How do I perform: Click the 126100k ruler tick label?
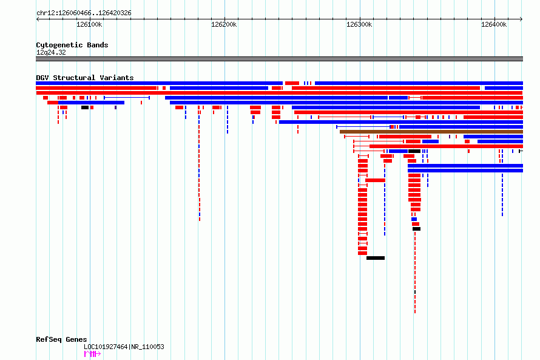click(x=89, y=24)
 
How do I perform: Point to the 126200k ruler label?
click(x=224, y=24)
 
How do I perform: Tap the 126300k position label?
click(x=359, y=24)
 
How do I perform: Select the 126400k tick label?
click(x=494, y=24)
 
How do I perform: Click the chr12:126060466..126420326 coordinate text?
click(x=84, y=13)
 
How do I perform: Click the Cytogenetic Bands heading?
click(x=72, y=45)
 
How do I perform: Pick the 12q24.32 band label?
click(x=51, y=52)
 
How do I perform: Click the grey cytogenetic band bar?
click(x=279, y=59)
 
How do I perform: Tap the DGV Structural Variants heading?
click(x=85, y=78)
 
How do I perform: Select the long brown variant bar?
click(x=431, y=132)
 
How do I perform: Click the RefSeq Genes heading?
click(x=61, y=340)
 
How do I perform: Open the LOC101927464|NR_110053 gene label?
click(x=124, y=347)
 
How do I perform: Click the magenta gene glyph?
click(x=92, y=354)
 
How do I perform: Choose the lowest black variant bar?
click(x=376, y=258)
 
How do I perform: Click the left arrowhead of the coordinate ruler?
click(x=37, y=19)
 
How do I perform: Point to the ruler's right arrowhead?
click(x=522, y=19)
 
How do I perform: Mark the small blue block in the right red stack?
click(x=414, y=219)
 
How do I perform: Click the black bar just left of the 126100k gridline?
click(x=85, y=107)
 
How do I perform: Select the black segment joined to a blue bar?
click(x=414, y=151)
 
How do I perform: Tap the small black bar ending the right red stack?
click(x=416, y=229)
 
